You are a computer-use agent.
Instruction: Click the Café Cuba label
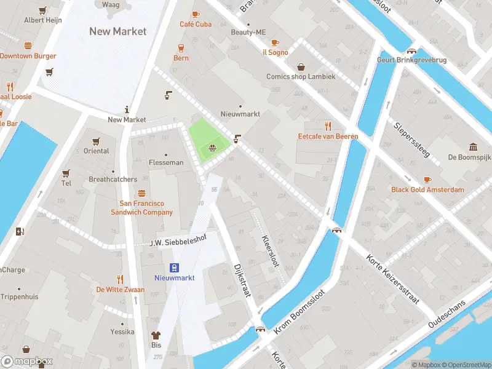click(x=196, y=25)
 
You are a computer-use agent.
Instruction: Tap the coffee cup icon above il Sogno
click(x=275, y=42)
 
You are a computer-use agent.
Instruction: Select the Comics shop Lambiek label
click(x=301, y=77)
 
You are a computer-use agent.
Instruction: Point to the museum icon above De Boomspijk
click(x=474, y=146)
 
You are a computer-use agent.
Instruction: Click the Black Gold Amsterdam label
click(x=427, y=189)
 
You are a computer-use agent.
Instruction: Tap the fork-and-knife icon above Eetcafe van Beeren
click(x=328, y=126)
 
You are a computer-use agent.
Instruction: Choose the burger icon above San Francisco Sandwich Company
click(x=141, y=193)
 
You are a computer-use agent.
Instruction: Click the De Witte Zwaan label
click(x=121, y=289)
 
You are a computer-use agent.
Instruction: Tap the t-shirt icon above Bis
click(x=156, y=336)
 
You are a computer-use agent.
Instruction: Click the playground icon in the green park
click(x=212, y=147)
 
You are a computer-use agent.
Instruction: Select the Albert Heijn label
click(x=42, y=20)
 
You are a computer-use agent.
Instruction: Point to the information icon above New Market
click(x=127, y=109)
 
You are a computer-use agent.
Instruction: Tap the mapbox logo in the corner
click(x=27, y=362)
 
